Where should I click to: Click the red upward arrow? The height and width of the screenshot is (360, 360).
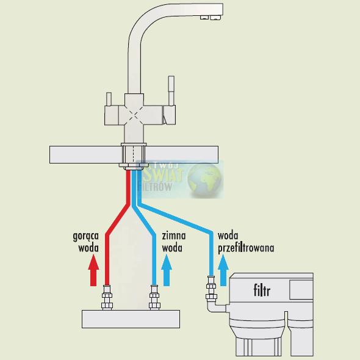click(93, 271)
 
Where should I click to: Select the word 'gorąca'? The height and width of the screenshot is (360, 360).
click(85, 236)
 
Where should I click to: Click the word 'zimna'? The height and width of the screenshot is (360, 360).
click(174, 236)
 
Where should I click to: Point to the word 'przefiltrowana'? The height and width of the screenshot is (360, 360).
click(246, 249)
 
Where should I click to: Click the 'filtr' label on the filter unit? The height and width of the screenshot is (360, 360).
click(262, 290)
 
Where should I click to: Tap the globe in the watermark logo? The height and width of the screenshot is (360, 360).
click(205, 179)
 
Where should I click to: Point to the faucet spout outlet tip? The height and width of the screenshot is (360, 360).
click(211, 17)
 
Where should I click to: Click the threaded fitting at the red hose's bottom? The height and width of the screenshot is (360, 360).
click(107, 297)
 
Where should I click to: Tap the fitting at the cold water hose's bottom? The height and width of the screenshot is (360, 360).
click(154, 297)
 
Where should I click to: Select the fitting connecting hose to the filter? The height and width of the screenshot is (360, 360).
click(211, 289)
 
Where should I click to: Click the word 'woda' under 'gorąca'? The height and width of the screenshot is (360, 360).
click(88, 248)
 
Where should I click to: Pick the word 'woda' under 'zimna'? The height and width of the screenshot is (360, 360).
click(172, 248)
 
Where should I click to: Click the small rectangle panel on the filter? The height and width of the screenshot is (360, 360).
click(301, 289)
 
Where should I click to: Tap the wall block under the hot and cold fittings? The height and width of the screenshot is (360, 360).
click(131, 319)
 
